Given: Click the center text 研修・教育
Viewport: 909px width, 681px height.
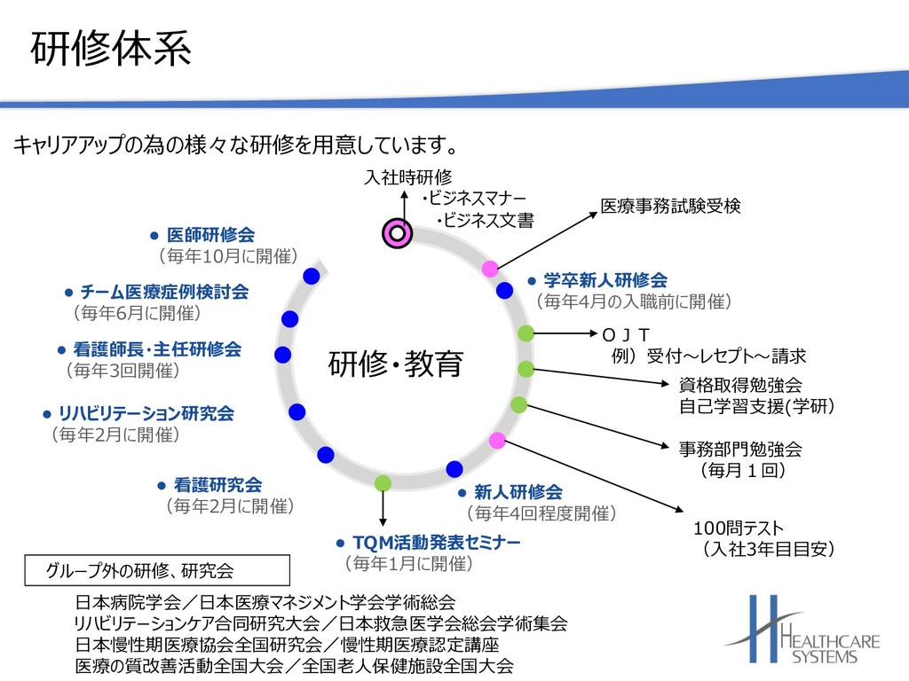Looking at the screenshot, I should click(396, 364).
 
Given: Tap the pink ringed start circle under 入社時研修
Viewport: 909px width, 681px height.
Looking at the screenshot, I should click(397, 233).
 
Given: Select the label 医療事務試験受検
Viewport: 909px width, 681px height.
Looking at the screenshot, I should click(670, 206).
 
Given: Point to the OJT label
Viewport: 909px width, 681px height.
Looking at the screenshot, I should click(627, 334).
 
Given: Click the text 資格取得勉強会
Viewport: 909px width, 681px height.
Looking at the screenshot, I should click(740, 385).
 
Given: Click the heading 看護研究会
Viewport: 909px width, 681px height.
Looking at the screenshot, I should click(217, 484).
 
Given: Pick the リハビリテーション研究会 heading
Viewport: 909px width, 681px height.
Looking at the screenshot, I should click(146, 413).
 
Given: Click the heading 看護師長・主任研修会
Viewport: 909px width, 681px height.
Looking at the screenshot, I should click(157, 349).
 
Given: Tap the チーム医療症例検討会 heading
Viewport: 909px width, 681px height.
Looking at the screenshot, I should click(164, 292).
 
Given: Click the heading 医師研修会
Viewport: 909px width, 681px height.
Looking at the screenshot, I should click(210, 235).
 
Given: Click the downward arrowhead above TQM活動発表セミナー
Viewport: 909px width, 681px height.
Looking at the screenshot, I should click(383, 521).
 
